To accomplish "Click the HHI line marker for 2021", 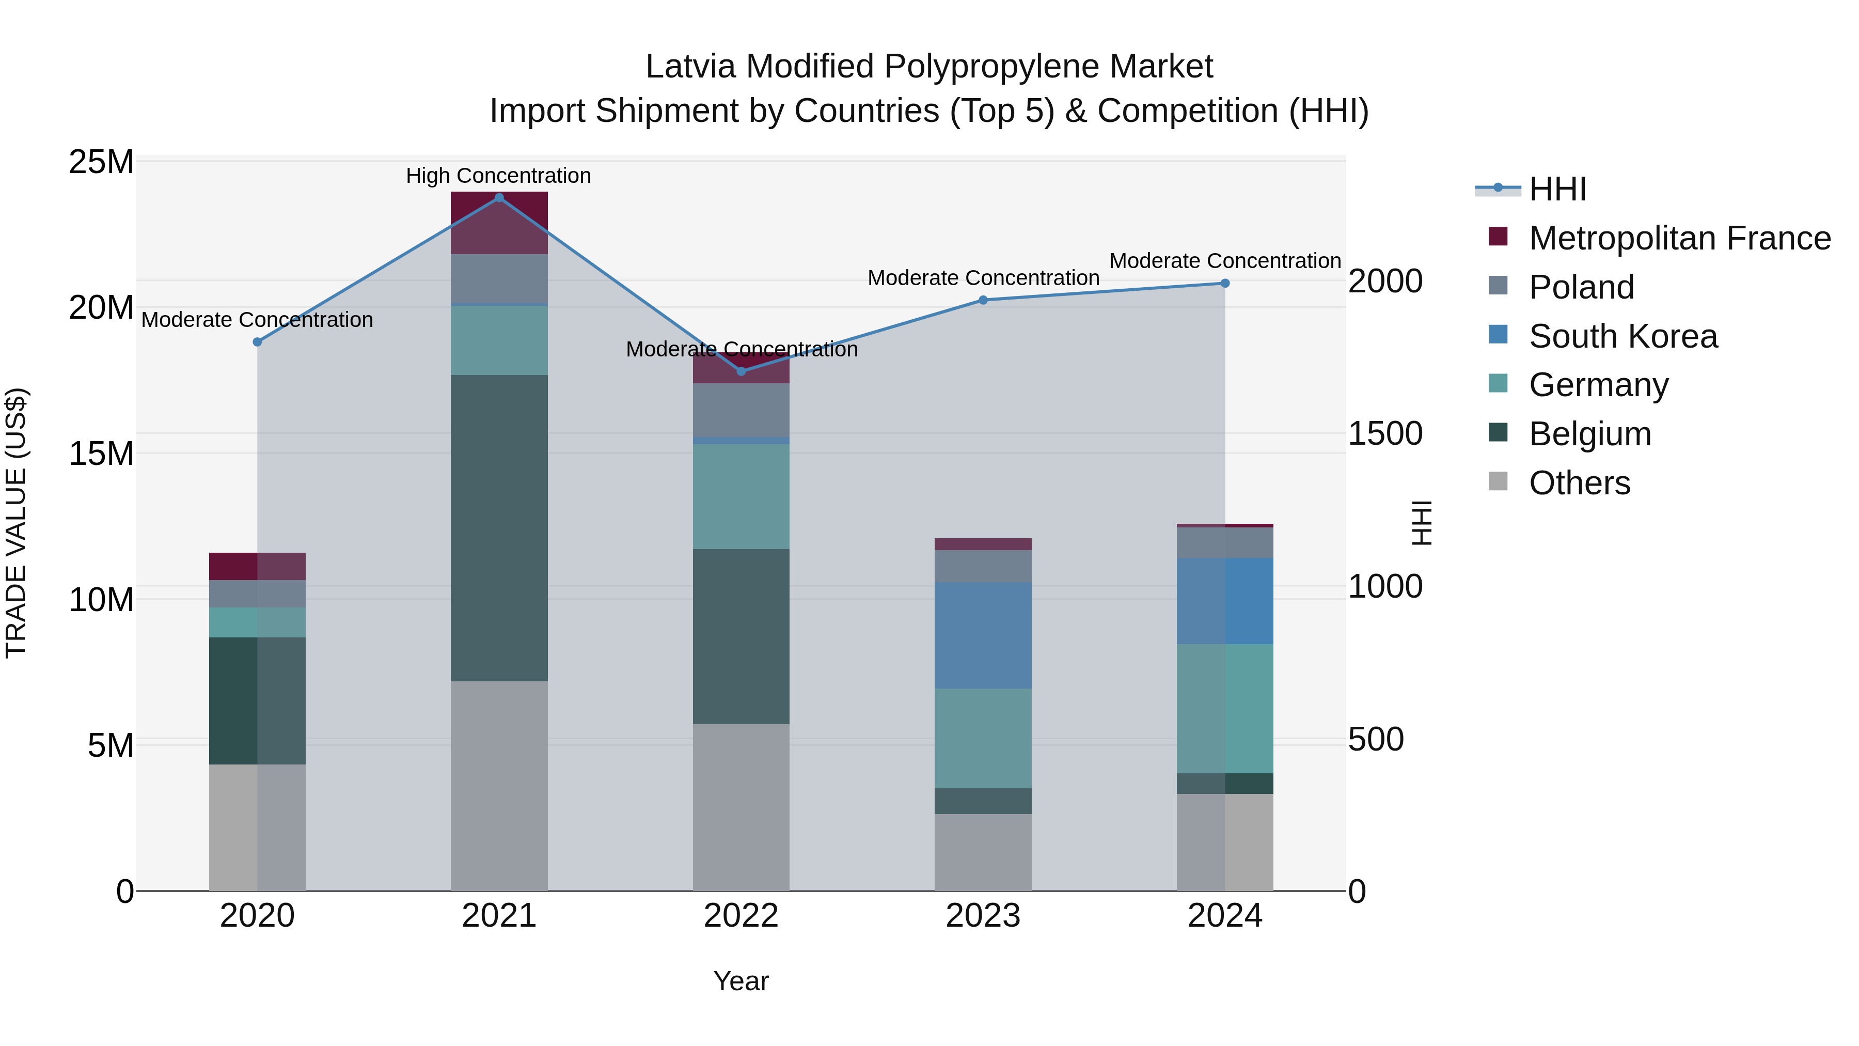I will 499,198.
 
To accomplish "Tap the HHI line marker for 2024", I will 1225,284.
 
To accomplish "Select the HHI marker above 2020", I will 257,342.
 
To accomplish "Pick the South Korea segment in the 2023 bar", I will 983,635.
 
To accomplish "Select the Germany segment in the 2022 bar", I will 741,496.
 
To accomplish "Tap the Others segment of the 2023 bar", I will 983,852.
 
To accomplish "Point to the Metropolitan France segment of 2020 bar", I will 257,567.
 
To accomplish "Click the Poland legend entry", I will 1581,287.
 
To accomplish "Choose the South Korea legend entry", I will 1623,336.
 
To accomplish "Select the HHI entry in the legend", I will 1557,189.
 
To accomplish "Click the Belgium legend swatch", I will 1498,433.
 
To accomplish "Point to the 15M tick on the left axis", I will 101,454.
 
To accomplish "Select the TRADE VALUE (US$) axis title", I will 17,523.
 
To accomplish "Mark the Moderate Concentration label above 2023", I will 983,278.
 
